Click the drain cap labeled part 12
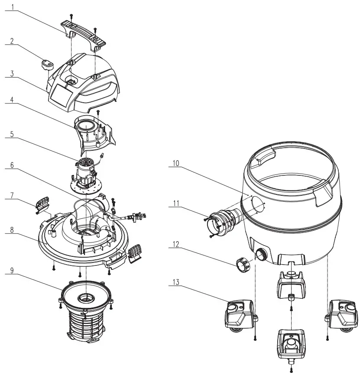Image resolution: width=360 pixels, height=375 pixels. coord(243,264)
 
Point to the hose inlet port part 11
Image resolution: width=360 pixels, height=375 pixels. coord(221,219)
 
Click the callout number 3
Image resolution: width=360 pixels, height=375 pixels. coord(13,73)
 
